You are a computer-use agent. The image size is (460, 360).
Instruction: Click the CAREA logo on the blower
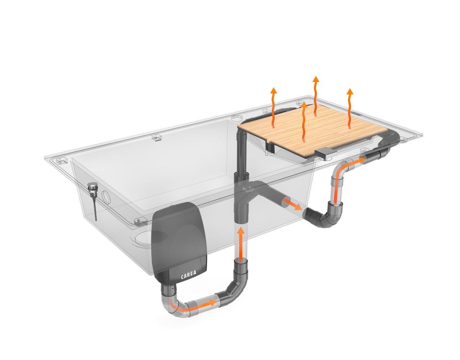188,277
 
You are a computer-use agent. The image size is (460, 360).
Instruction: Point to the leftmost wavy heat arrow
274,107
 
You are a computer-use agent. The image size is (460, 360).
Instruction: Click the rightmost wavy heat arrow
350,109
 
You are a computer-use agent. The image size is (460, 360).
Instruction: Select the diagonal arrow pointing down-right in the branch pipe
293,204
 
